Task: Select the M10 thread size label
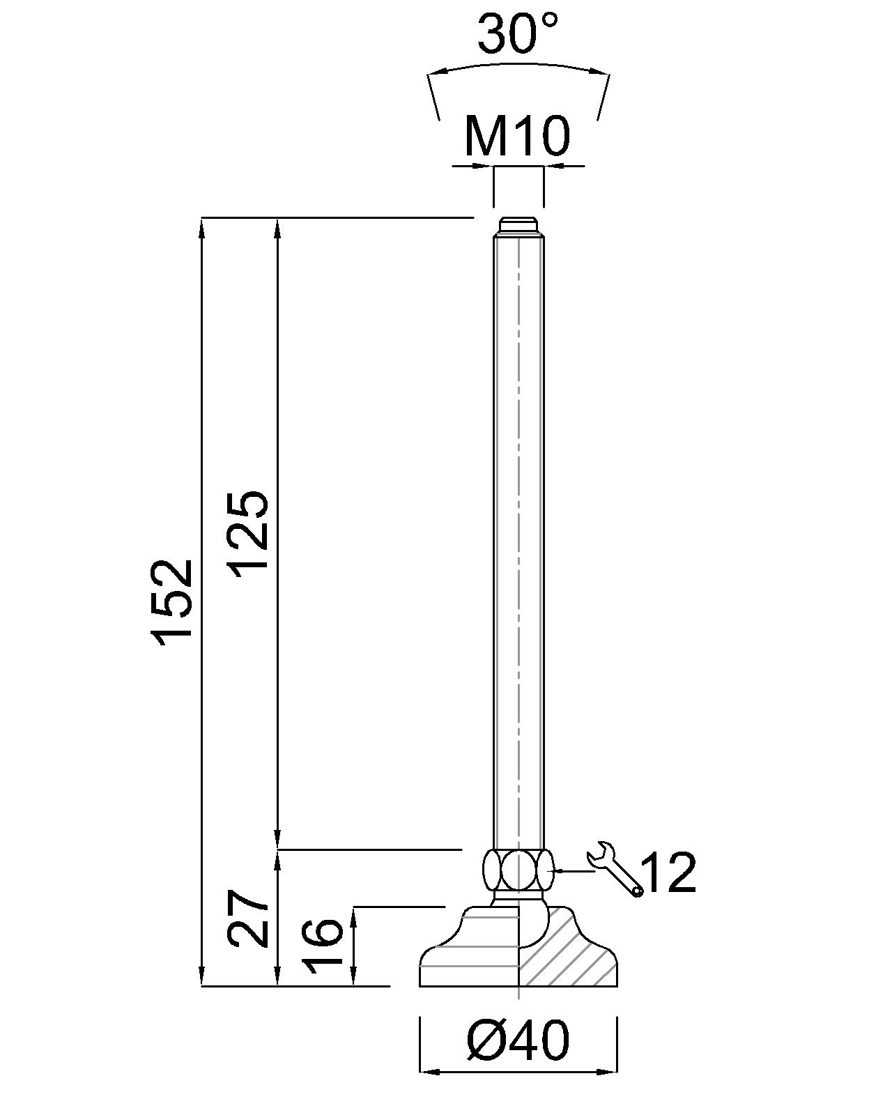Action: pyautogui.click(x=517, y=136)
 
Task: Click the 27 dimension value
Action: pyautogui.click(x=249, y=918)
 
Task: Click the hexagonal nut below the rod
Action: pyautogui.click(x=518, y=869)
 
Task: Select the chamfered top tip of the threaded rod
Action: pyautogui.click(x=518, y=226)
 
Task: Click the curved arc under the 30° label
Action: pyautogui.click(x=517, y=67)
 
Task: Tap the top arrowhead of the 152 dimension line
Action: pyautogui.click(x=203, y=226)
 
